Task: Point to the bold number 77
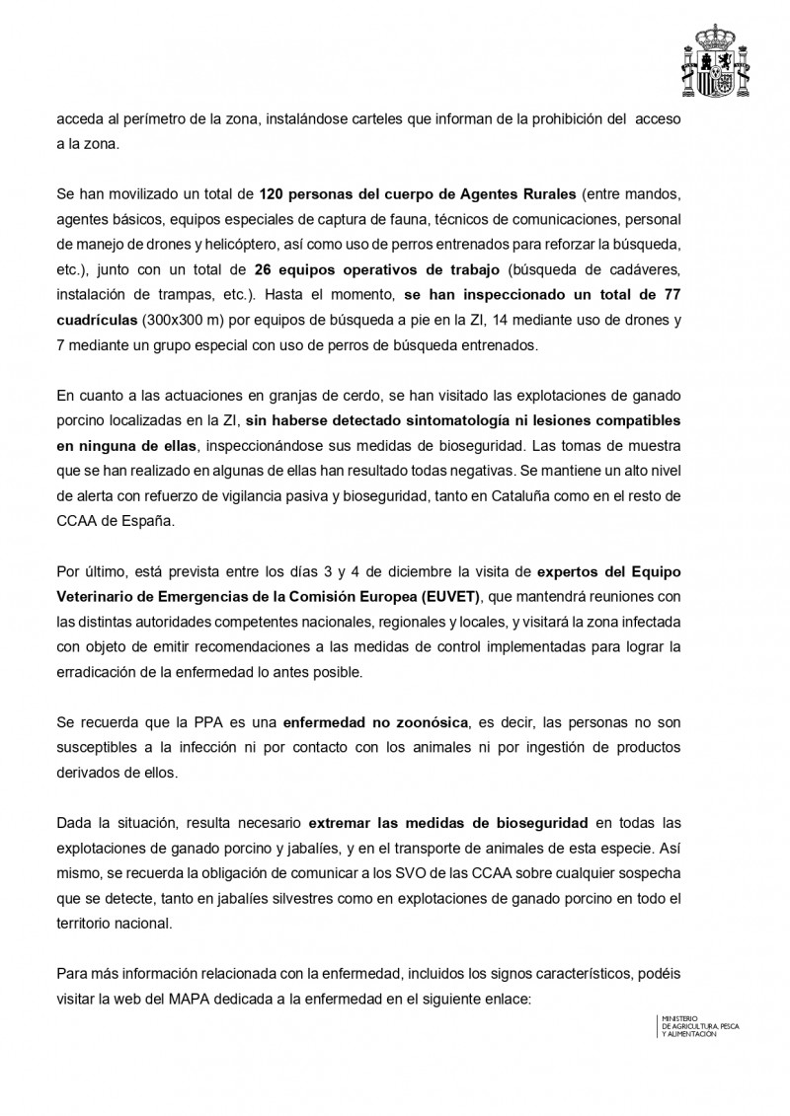click(x=671, y=293)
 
